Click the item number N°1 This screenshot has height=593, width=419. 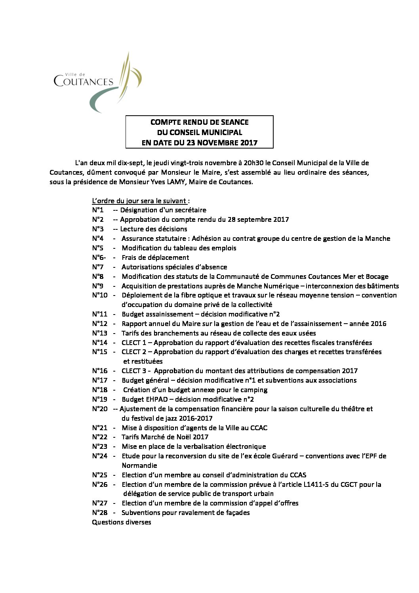98,210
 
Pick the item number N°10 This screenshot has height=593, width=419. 100,295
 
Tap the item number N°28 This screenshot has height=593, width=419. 100,513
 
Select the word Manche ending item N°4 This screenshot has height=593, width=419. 377,238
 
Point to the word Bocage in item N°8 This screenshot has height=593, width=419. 377,276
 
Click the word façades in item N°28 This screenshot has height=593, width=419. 236,513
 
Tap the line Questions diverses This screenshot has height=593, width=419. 122,522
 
